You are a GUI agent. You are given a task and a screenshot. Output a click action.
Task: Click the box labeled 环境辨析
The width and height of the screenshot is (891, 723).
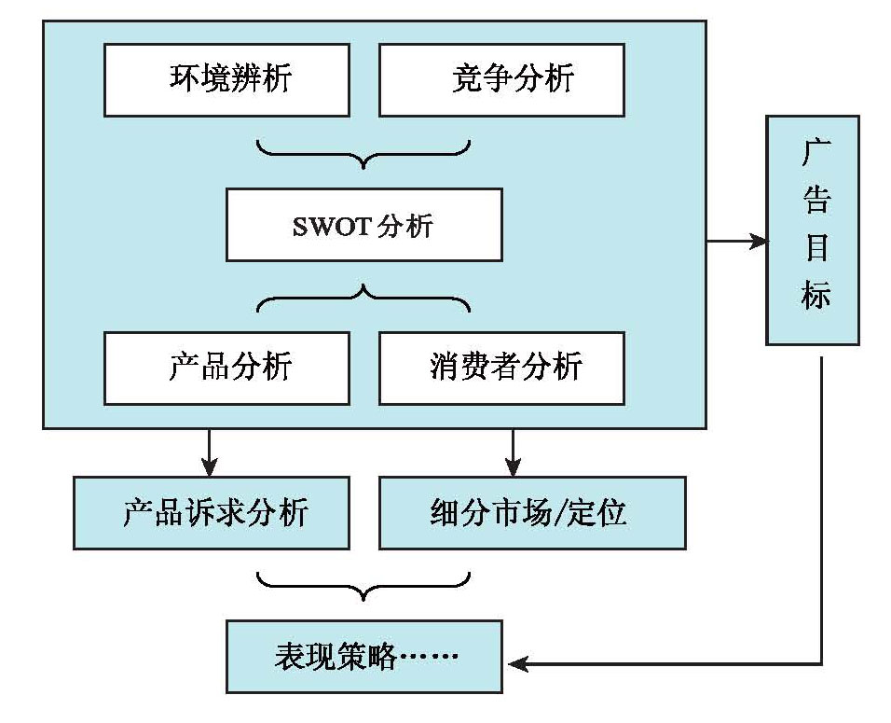click(x=226, y=78)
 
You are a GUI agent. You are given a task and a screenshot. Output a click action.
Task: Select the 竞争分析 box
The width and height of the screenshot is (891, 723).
click(x=501, y=78)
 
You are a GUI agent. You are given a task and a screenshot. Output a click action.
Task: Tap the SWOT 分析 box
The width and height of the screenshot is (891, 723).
click(x=363, y=225)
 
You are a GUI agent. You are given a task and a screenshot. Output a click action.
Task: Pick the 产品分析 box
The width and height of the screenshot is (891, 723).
click(x=226, y=367)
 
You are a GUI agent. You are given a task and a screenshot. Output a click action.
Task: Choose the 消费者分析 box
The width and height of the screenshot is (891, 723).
click(x=501, y=367)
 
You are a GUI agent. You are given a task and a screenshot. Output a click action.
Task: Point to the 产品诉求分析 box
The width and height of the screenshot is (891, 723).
click(x=212, y=513)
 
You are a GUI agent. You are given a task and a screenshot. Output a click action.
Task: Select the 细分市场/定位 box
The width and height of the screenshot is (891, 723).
click(x=532, y=513)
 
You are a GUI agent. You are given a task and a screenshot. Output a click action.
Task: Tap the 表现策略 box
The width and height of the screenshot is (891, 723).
click(x=363, y=657)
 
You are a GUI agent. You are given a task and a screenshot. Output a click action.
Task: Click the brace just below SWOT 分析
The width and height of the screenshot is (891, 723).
click(x=363, y=297)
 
